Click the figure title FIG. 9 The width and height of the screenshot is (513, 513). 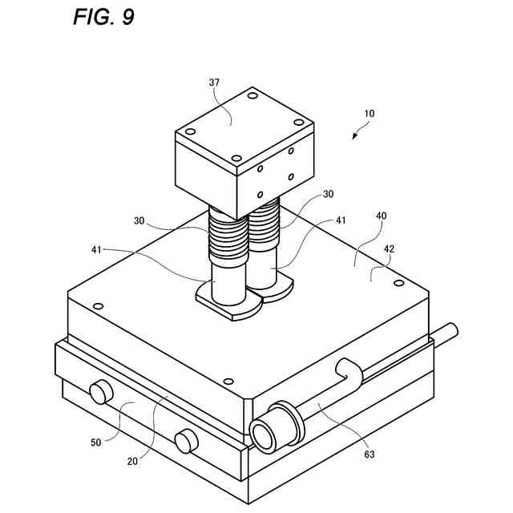pos(103,18)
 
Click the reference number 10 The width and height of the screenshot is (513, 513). pos(369,114)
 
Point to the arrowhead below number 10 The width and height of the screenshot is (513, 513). pos(354,137)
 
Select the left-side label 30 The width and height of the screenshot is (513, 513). pos(139,220)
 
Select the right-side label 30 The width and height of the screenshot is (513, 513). pos(328,194)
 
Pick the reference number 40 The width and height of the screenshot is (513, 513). pos(381,216)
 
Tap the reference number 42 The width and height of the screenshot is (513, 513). pos(388,249)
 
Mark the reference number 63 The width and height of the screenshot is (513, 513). pos(370,454)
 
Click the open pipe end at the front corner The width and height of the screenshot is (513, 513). pos(263,434)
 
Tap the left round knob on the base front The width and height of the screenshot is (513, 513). pos(99,392)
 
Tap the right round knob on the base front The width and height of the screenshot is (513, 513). pos(186,440)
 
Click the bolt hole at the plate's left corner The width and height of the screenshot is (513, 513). pos(99,306)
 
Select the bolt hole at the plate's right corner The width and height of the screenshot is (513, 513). pos(398,282)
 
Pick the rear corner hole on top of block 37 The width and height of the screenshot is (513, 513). pos(252,96)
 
